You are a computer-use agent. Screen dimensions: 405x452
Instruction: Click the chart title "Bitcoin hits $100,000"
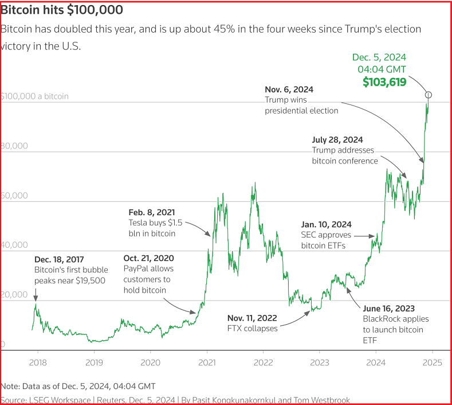click(x=62, y=10)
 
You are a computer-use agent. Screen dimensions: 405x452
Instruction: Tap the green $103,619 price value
click(x=384, y=82)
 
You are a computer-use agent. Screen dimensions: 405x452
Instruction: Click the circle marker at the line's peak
click(x=428, y=95)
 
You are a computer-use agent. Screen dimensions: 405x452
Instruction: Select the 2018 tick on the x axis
click(x=38, y=362)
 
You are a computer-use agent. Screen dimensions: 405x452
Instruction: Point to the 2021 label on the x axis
click(x=206, y=362)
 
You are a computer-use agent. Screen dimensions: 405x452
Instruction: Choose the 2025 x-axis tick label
click(x=432, y=362)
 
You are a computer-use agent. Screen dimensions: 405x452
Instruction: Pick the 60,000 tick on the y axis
click(x=14, y=196)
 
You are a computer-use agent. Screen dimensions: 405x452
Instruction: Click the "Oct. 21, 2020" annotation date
click(x=149, y=258)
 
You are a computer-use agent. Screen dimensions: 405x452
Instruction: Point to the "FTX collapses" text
click(x=253, y=328)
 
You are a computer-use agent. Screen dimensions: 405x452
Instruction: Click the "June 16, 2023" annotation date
click(x=388, y=308)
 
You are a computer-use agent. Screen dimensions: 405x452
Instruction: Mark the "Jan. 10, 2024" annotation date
click(x=327, y=224)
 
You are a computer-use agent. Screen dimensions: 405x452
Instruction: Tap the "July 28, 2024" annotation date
click(x=337, y=140)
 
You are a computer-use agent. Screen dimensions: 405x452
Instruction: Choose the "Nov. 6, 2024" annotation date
click(x=289, y=90)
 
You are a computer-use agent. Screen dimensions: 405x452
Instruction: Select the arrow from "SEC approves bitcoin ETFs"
click(x=364, y=235)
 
